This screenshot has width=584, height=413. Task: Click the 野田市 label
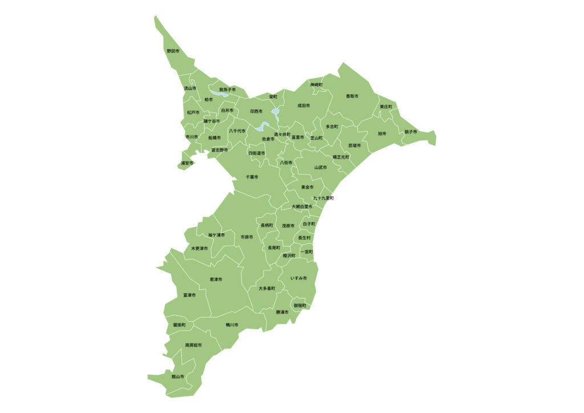click(x=173, y=51)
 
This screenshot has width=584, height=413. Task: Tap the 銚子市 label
click(x=411, y=132)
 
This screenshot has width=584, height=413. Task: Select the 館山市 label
click(x=178, y=376)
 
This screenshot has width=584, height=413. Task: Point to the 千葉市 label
click(x=252, y=177)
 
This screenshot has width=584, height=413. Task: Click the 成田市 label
click(x=303, y=106)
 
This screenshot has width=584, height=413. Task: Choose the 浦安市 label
click(x=187, y=163)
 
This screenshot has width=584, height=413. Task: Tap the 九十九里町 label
click(x=323, y=198)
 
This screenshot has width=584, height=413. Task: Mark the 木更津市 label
click(x=200, y=248)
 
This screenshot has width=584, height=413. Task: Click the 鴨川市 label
click(x=232, y=325)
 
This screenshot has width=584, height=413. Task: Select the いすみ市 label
click(x=298, y=278)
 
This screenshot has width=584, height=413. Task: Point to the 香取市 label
click(x=352, y=96)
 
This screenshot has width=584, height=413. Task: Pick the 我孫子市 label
click(x=227, y=90)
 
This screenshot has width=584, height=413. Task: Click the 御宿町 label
click(x=300, y=306)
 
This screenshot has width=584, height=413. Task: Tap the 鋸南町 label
click(x=180, y=325)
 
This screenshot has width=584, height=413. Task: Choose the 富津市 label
click(x=189, y=295)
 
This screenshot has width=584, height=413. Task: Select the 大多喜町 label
click(x=266, y=289)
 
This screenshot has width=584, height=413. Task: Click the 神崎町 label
click(x=317, y=84)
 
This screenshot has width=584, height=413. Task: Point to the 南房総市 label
click(x=193, y=345)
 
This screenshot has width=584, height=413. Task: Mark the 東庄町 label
click(x=386, y=107)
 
